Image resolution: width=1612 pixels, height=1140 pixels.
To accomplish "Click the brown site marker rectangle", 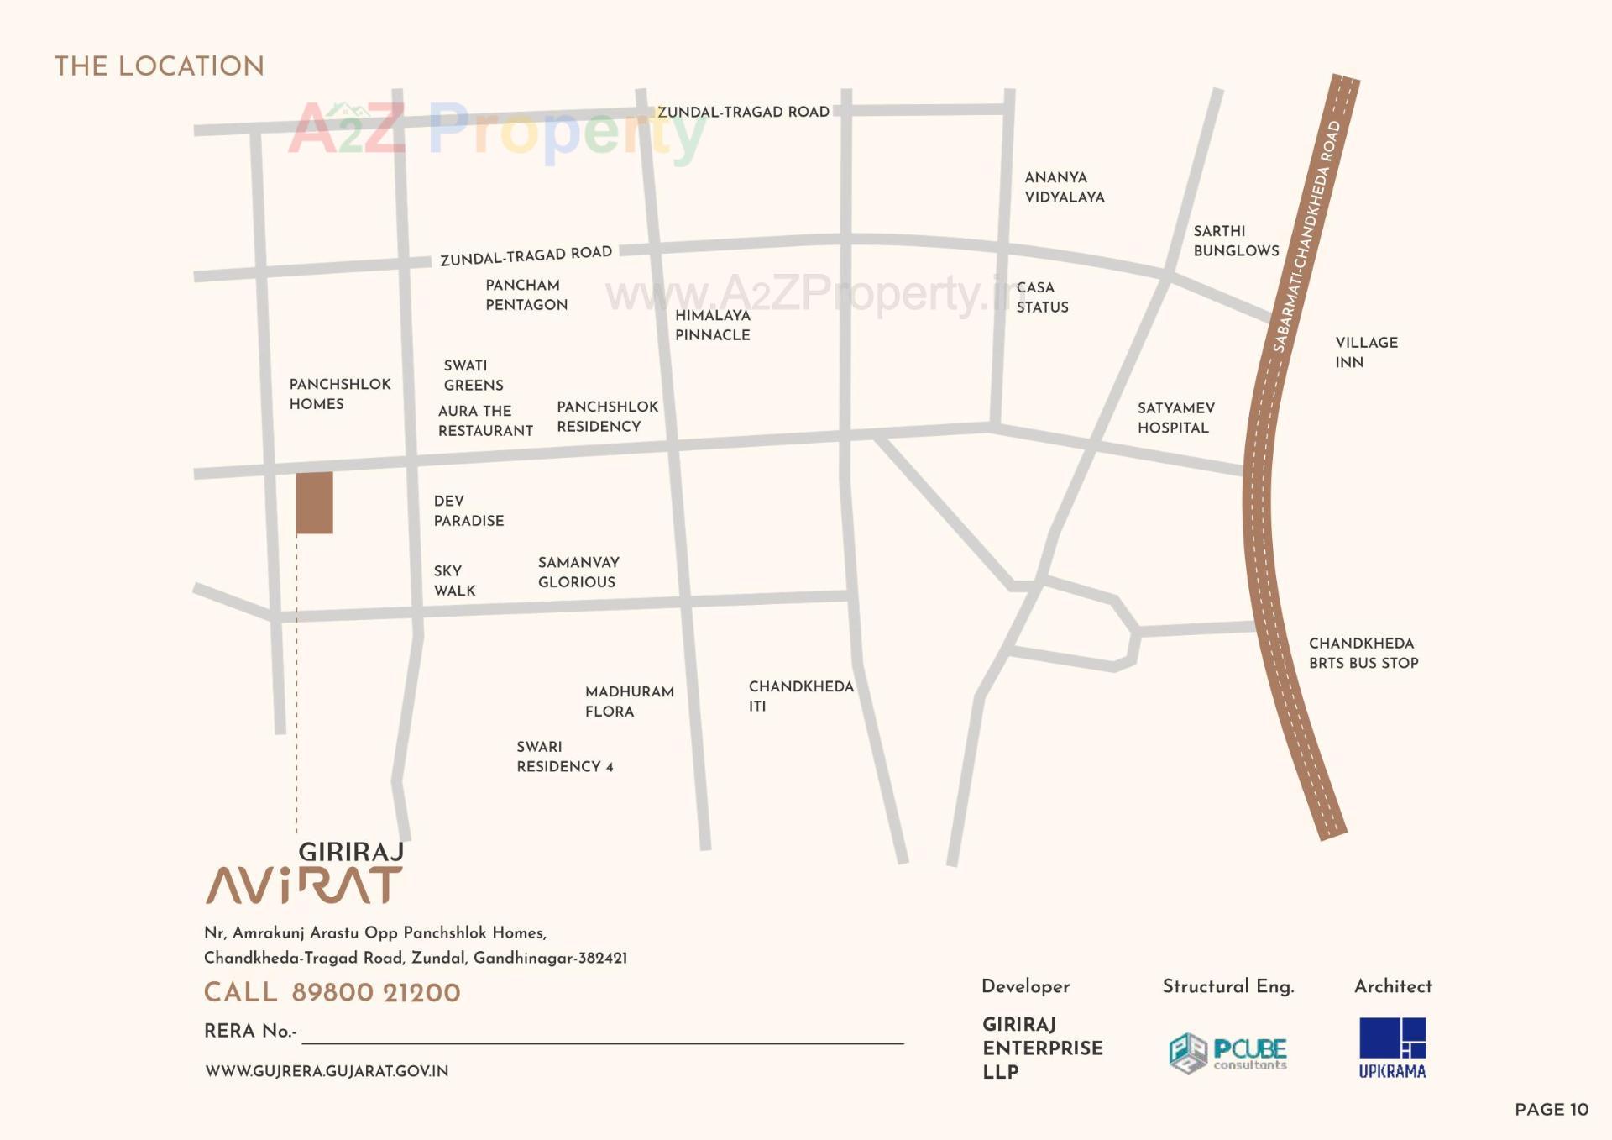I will [x=314, y=502].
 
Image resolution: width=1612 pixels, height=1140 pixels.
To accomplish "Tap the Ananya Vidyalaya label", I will [x=1064, y=186].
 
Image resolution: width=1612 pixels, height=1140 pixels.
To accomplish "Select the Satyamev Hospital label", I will [x=1175, y=418].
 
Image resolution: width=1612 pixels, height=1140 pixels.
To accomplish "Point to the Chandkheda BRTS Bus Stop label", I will [x=1363, y=653].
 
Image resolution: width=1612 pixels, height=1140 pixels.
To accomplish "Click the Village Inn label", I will [x=1366, y=352].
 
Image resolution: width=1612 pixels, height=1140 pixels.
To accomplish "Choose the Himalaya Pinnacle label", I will [x=712, y=325].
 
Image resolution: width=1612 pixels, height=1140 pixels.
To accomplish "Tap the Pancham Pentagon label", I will [x=526, y=295].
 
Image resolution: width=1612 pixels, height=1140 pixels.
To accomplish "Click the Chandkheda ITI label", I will [x=800, y=696].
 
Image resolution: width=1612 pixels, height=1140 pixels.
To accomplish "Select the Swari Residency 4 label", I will [x=564, y=756].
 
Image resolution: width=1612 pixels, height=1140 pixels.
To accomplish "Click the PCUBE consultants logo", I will [x=1227, y=1053].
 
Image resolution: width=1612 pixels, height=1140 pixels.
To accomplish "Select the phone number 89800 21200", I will [x=375, y=993].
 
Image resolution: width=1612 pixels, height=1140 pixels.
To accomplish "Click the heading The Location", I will [x=160, y=66].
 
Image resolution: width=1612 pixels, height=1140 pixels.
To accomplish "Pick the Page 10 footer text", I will [x=1551, y=1109].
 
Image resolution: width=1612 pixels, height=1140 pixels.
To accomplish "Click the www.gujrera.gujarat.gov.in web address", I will [x=327, y=1071].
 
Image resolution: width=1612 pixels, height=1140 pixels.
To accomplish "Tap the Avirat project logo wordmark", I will [x=304, y=885].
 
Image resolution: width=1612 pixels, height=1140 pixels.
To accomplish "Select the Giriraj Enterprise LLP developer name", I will [x=1042, y=1048].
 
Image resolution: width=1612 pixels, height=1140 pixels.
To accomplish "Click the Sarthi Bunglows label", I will [x=1235, y=240].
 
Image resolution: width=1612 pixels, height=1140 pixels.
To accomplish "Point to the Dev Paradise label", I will [x=468, y=511].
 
